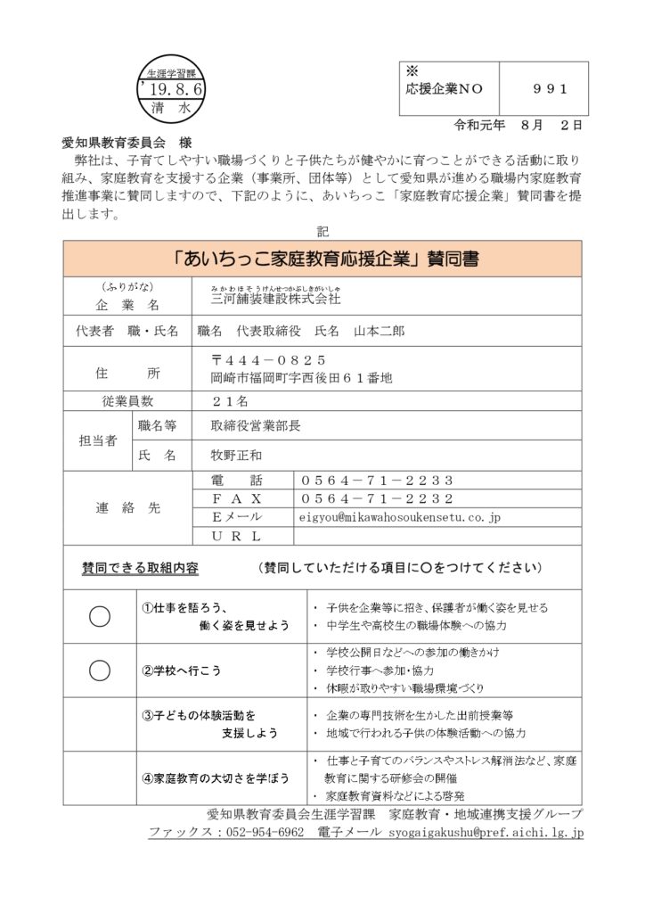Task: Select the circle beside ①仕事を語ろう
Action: point(100,616)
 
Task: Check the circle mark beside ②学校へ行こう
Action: point(100,670)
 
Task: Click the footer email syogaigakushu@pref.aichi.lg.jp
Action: point(485,832)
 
